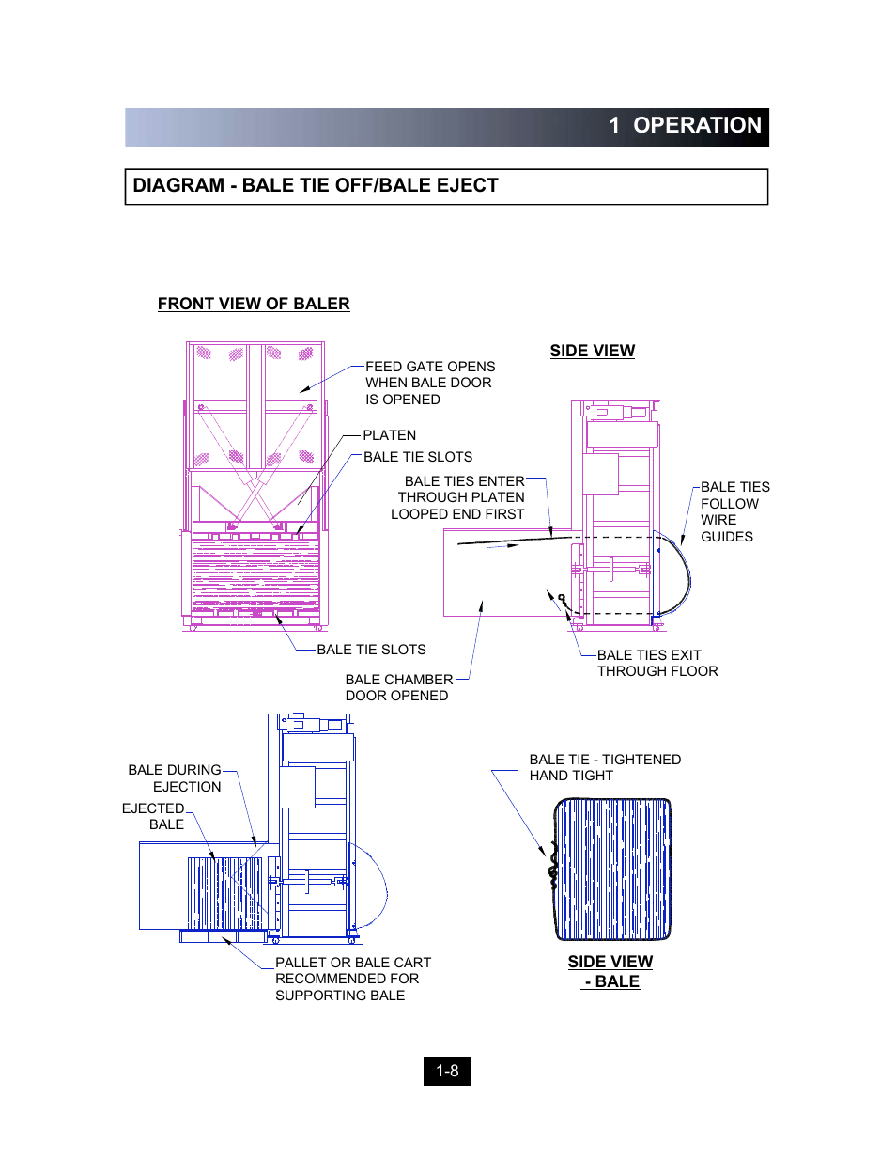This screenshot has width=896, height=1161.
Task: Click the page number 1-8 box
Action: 447,1071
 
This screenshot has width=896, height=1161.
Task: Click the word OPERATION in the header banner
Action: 697,126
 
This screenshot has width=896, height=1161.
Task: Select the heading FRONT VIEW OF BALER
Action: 254,304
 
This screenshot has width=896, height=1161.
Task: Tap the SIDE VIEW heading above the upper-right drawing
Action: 592,351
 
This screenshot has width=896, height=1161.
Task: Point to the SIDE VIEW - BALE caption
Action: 610,971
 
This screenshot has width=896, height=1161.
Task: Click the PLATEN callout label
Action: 389,435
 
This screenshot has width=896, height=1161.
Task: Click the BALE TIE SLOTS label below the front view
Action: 371,650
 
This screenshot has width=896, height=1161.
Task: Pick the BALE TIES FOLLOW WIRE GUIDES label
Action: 734,511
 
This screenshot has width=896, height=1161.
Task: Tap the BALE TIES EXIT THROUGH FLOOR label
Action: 657,663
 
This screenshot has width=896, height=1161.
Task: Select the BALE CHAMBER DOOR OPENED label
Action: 398,687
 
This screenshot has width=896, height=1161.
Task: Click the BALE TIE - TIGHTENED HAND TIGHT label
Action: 604,767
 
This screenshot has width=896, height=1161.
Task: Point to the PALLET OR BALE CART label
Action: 352,979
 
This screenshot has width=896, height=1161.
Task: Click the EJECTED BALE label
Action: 154,816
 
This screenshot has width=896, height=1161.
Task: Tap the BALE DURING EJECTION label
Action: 176,778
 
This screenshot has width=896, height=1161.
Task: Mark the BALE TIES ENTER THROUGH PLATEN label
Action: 460,497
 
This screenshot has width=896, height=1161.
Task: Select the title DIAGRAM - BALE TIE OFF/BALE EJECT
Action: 316,186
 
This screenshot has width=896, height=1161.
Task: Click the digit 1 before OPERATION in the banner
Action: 614,126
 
